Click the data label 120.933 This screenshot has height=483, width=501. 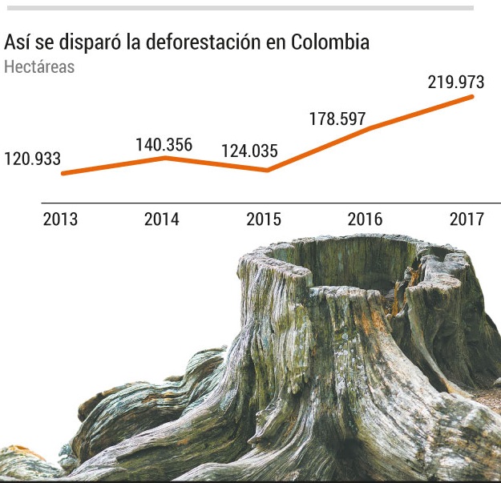click(32, 159)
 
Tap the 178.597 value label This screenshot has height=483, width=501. click(337, 119)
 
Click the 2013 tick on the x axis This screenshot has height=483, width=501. click(60, 219)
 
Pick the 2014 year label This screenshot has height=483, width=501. click(162, 219)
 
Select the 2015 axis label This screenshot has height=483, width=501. click(264, 219)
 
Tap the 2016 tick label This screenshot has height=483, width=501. click(366, 219)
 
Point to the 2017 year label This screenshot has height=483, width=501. click(467, 219)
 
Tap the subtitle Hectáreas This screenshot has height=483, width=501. click(39, 66)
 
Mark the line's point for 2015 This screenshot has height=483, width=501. click(266, 170)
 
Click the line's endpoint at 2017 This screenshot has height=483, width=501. click(472, 96)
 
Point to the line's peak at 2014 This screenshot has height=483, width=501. click(165, 158)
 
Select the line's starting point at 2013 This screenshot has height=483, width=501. click(63, 173)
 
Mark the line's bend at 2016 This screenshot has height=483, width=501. click(369, 128)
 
